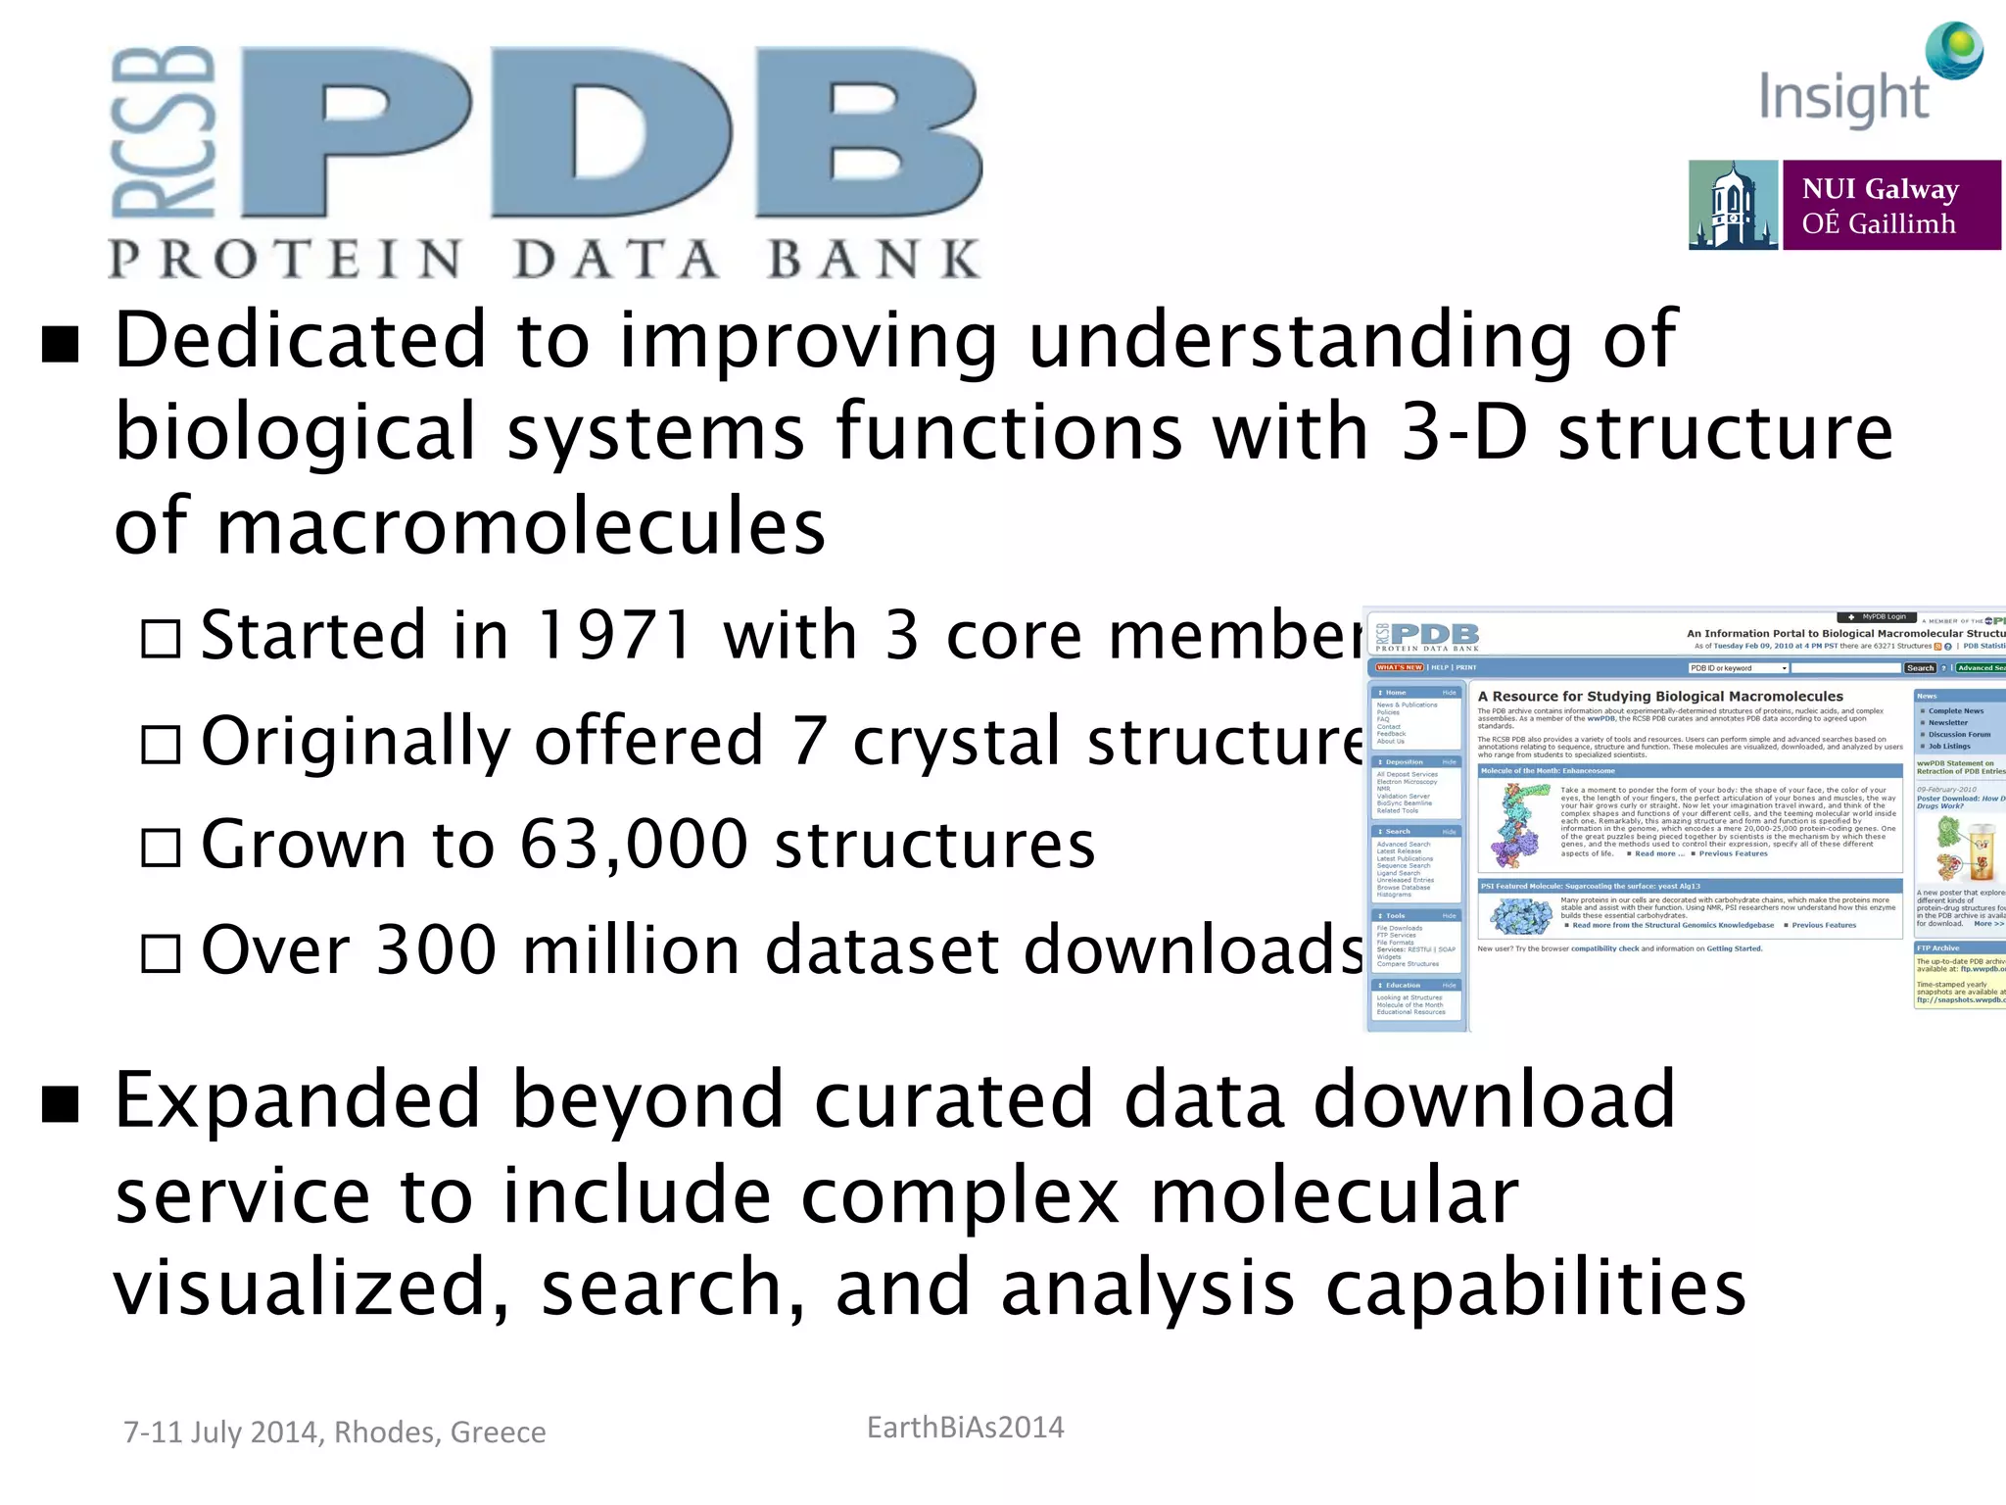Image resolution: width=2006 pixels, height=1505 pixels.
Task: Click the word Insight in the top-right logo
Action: point(1843,99)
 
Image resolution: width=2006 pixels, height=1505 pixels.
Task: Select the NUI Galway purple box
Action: point(1890,206)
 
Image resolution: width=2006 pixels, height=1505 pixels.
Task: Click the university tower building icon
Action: point(1733,206)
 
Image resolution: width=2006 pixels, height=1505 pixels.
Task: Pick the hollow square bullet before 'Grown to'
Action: point(161,848)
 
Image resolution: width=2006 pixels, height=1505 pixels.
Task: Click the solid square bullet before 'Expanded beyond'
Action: point(61,1103)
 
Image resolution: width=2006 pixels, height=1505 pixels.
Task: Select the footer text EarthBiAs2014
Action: point(965,1428)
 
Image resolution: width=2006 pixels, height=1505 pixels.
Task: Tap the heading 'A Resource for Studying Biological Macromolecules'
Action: point(1660,697)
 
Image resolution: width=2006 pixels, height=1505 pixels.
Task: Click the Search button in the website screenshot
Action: point(1920,668)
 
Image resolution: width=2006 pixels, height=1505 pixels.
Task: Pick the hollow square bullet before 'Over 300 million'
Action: point(161,952)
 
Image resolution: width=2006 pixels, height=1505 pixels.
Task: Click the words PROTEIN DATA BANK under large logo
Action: point(544,260)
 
